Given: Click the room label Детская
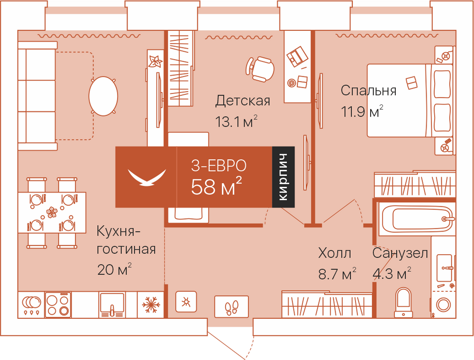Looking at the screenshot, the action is (242, 101).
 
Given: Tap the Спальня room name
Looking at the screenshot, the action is (368, 91).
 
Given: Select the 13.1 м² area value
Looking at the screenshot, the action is (236, 121).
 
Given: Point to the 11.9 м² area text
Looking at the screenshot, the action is (362, 111).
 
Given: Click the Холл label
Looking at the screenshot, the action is (335, 253).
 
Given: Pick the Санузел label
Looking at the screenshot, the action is (400, 253).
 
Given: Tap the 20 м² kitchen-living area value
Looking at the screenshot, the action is (114, 269).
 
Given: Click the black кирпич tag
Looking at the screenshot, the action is (283, 177).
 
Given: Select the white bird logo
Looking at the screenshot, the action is (147, 177).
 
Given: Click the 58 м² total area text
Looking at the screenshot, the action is (217, 186).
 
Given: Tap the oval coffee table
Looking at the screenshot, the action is (103, 96).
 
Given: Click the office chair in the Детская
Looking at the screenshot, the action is (260, 69).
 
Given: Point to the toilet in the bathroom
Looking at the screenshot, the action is (403, 302).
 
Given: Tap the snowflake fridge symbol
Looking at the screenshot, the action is (150, 305).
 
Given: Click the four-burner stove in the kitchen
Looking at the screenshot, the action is (58, 305).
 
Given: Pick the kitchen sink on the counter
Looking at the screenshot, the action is (112, 305).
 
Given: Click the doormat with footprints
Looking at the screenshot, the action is (232, 307).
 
